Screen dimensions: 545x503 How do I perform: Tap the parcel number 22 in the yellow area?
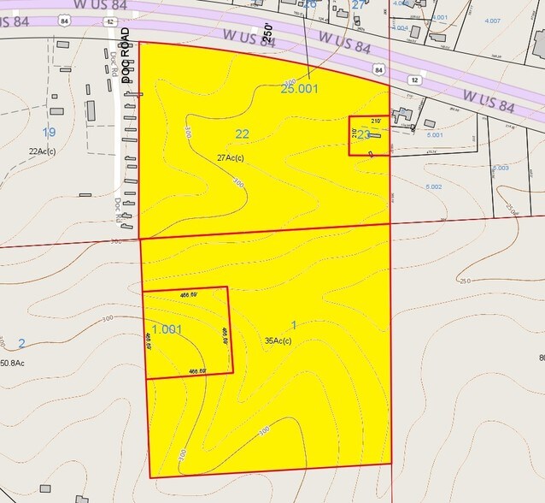tap(242, 133)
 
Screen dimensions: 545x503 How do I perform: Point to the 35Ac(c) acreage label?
tap(278, 340)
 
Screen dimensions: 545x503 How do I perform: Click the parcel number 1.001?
tap(167, 328)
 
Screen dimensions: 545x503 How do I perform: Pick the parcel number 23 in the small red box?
tap(363, 134)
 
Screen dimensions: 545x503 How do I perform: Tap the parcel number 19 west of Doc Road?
tap(49, 132)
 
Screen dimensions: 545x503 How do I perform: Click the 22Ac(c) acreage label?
tap(42, 151)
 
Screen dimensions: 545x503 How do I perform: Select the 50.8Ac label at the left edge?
tap(12, 364)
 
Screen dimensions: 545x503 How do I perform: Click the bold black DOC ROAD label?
tap(126, 55)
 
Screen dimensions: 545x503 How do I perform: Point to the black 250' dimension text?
tap(267, 34)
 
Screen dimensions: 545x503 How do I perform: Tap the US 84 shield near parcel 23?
tap(378, 67)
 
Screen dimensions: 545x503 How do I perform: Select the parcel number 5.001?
tap(436, 135)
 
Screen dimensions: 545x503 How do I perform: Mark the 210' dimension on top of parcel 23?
tap(374, 122)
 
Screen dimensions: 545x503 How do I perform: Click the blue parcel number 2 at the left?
tap(21, 343)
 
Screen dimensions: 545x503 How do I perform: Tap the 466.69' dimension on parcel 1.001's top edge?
tap(189, 294)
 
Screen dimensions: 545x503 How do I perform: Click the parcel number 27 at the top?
tap(359, 4)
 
